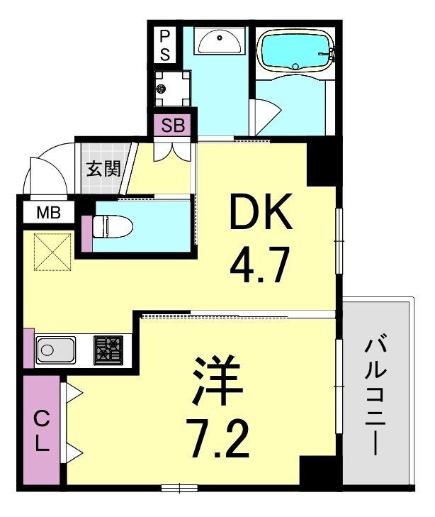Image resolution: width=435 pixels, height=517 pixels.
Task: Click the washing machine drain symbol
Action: tap(164, 89)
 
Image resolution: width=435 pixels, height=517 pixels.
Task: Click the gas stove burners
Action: tap(108, 350)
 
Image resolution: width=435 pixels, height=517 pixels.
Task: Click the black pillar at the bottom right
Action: tap(317, 471)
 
